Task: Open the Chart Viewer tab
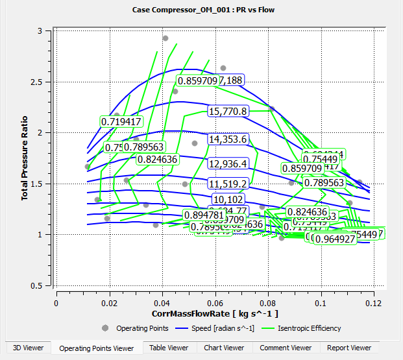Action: tap(223, 348)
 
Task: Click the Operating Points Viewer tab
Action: tap(96, 348)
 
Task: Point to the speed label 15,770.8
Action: tap(228, 112)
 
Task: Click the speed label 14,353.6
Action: tap(228, 139)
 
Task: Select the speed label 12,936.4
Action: tap(228, 163)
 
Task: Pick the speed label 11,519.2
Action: tap(228, 184)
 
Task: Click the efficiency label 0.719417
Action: tap(121, 121)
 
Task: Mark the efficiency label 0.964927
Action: tap(335, 239)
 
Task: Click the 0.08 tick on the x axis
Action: tap(267, 303)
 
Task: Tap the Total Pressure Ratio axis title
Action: tap(25, 159)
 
